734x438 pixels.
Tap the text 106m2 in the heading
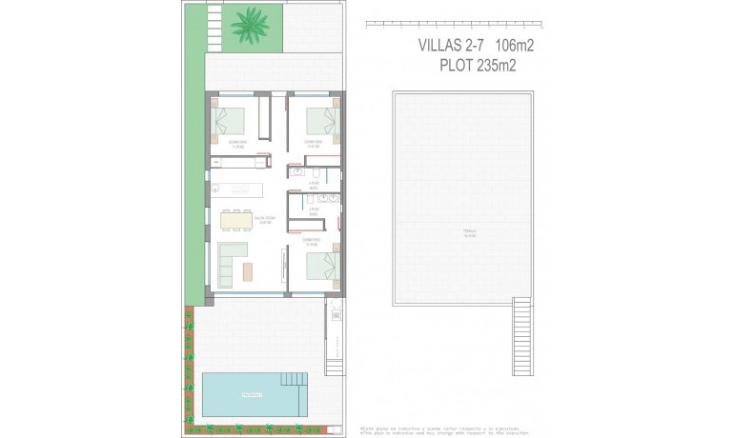point(515,44)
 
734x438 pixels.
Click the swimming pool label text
point(253,394)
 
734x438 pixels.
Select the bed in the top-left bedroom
point(229,121)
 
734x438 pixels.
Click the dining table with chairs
point(237,220)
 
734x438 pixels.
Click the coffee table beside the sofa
point(248,271)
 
